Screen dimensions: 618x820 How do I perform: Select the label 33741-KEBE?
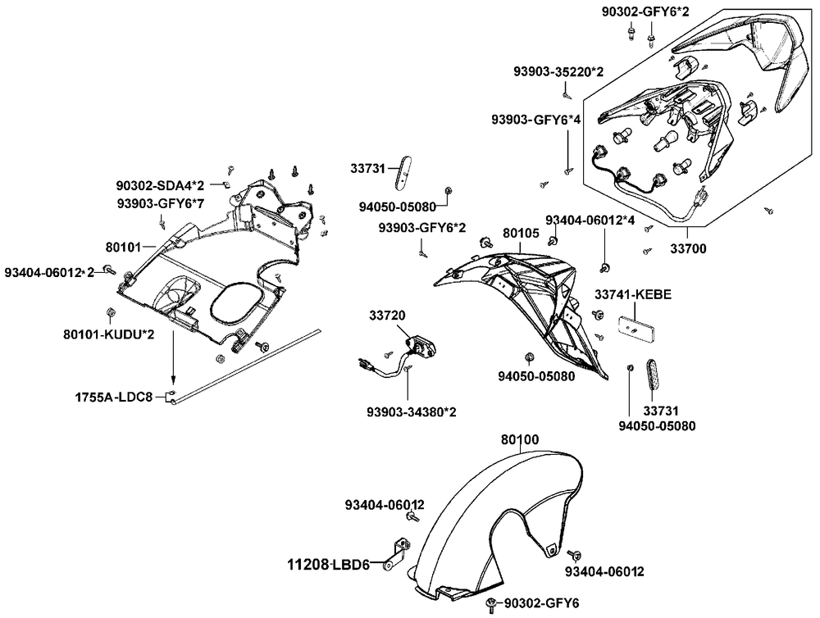(634, 294)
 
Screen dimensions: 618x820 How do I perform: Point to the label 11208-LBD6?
(328, 565)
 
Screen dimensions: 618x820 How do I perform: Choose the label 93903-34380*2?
(412, 411)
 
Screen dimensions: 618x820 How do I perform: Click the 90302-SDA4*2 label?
(160, 187)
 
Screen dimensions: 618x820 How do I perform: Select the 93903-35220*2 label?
(559, 72)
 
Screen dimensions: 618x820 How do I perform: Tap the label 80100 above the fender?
(520, 440)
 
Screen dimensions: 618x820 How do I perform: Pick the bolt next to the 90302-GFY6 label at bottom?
(490, 604)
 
